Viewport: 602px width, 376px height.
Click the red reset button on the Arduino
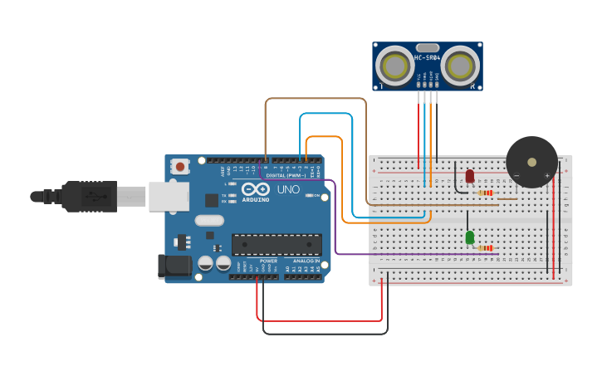coord(180,167)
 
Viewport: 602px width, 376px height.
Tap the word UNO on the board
coord(288,189)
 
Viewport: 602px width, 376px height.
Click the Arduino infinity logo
coord(256,189)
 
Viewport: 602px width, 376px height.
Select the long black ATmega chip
coord(277,244)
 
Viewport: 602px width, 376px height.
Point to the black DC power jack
coord(173,266)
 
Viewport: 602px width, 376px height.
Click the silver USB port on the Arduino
coord(169,197)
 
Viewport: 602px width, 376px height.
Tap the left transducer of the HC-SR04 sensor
coord(393,66)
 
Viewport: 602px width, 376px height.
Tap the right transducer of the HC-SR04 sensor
coord(460,65)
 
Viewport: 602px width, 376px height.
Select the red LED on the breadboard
coord(470,176)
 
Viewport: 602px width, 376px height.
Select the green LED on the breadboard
coord(470,237)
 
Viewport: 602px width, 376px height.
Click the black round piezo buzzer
coord(531,162)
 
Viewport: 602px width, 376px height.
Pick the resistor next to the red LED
coord(486,193)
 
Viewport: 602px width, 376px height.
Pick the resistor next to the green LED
coord(485,247)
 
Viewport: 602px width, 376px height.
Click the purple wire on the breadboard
coord(399,253)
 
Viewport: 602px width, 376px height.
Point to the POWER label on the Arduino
coord(268,261)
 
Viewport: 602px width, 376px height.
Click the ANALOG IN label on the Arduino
coord(306,261)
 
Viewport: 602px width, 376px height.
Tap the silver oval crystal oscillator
coord(209,221)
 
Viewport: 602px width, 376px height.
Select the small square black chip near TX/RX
coord(212,199)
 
